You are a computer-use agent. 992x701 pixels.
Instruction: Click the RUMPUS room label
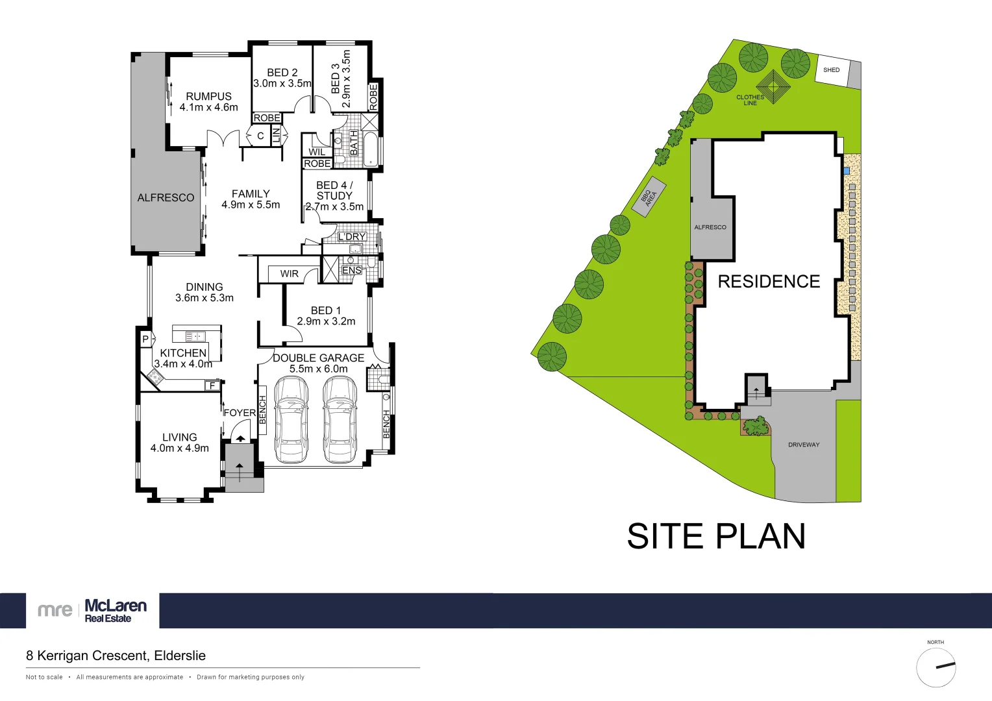tap(208, 102)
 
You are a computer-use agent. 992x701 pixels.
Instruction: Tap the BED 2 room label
tap(282, 78)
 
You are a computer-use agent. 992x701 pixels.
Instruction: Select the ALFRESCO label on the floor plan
tap(166, 198)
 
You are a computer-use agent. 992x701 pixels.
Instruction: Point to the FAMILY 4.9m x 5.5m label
tap(251, 199)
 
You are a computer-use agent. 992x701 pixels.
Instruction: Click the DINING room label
tap(205, 292)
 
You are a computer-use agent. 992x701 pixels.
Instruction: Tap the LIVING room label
tap(180, 443)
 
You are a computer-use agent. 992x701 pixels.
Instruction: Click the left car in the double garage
tap(291, 420)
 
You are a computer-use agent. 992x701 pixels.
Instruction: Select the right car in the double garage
tap(340, 420)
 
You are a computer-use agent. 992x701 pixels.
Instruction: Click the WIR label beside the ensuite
tap(290, 274)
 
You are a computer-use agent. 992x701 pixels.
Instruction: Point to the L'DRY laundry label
tap(352, 237)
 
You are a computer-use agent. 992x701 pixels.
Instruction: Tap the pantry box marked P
tap(145, 339)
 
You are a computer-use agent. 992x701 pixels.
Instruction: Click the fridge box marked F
tap(212, 386)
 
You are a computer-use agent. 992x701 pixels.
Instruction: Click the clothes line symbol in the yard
tap(773, 86)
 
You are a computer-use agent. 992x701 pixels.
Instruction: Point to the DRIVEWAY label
tap(804, 445)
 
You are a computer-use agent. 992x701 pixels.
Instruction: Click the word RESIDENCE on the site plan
tap(769, 282)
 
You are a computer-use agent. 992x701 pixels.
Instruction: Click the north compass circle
tap(936, 667)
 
